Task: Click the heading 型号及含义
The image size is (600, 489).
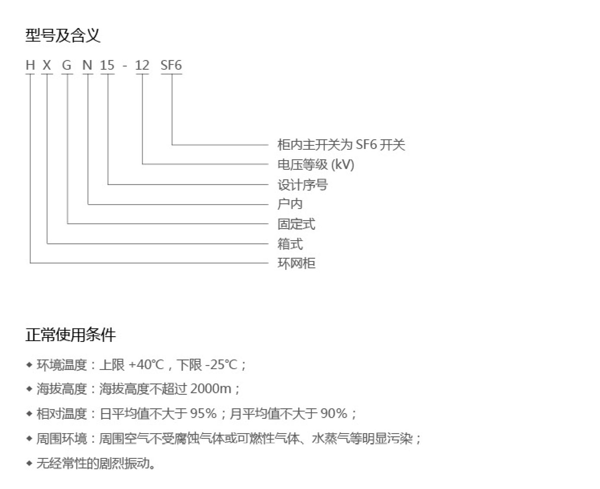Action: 63,35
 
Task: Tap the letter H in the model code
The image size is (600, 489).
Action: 30,65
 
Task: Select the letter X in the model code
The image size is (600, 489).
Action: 47,65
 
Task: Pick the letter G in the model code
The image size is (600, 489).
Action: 67,65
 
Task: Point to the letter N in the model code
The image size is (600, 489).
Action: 87,65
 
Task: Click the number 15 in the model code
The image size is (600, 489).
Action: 107,65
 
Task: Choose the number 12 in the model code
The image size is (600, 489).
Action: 142,65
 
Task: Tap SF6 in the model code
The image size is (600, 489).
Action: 171,65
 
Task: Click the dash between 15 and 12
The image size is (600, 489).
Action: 125,66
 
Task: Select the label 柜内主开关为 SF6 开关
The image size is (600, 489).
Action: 341,145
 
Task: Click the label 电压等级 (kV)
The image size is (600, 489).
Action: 316,164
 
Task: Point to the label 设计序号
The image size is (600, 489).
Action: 303,185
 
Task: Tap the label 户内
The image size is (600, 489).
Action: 290,204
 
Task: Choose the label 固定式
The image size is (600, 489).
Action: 297,224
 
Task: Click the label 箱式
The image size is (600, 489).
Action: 290,244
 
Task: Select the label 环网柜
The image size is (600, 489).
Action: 297,263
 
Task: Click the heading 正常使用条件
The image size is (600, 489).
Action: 71,335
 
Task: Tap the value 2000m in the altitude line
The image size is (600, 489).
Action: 211,389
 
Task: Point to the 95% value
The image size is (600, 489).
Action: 203,413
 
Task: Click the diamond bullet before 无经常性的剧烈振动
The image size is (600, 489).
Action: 29,463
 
